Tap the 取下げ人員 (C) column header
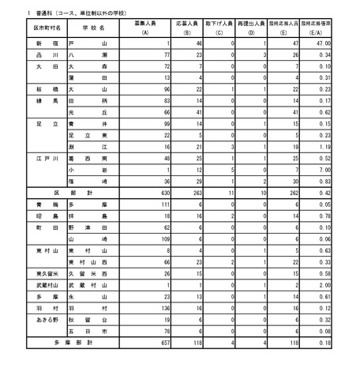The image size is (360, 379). (216, 28)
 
